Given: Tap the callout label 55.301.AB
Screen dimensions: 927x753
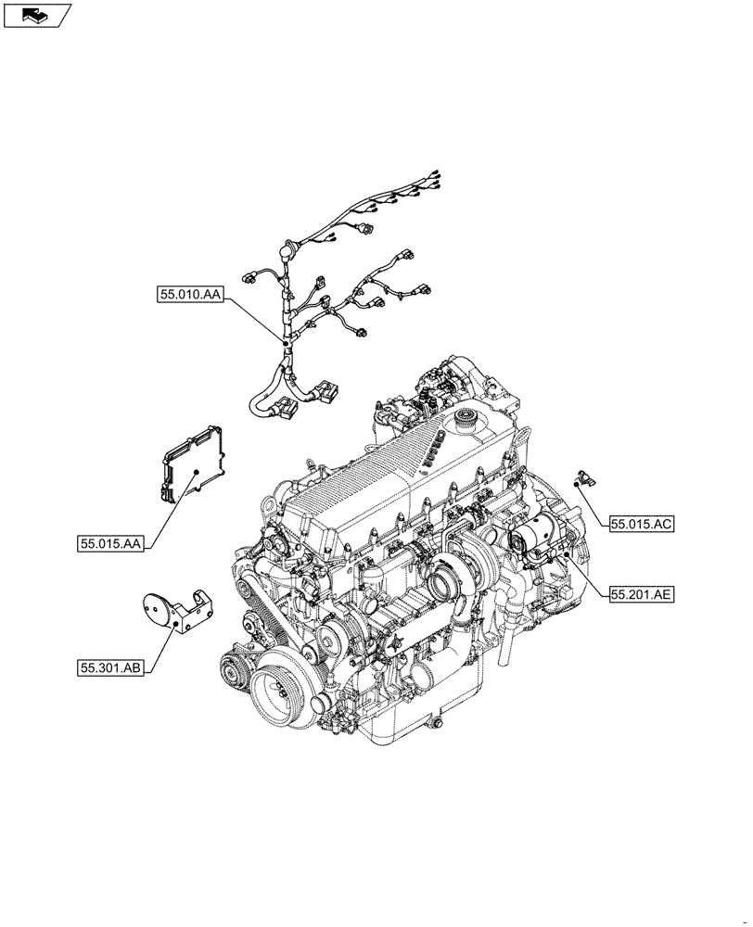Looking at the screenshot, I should click(110, 667).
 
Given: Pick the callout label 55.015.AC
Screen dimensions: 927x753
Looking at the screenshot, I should click(641, 524).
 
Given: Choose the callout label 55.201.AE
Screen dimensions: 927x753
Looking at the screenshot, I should click(641, 594).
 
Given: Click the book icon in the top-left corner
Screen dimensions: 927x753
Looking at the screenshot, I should click(36, 14).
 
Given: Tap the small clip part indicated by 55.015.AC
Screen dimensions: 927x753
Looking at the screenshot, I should click(584, 478).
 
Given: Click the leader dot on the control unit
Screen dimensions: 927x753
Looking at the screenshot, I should click(198, 473).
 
